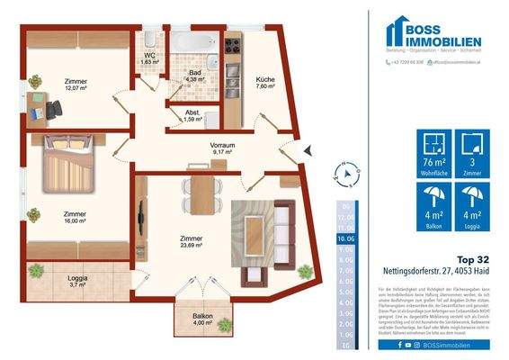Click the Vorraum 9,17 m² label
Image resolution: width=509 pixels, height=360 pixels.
tap(222, 148)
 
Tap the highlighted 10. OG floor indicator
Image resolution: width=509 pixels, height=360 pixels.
tap(344, 238)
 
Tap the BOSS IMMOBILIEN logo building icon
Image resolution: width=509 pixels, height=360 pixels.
tap(397, 33)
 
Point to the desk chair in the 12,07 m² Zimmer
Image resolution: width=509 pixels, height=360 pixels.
tap(54, 107)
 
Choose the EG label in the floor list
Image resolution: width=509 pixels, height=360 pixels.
tap(344, 345)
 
